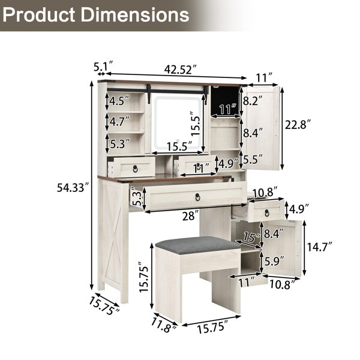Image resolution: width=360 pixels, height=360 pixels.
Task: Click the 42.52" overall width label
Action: point(181,69)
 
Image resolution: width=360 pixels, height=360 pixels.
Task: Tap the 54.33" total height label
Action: point(73,188)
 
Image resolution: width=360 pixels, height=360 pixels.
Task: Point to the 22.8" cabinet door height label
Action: point(298,125)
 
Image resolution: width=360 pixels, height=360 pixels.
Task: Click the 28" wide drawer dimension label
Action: point(190,216)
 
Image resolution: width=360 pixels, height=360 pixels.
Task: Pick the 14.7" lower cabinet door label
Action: point(320,247)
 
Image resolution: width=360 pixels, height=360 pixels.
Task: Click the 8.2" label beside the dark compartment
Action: point(253,101)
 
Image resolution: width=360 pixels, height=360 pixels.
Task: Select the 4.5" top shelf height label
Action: point(119,101)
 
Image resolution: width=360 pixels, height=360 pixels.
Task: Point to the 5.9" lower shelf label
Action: point(274,261)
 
